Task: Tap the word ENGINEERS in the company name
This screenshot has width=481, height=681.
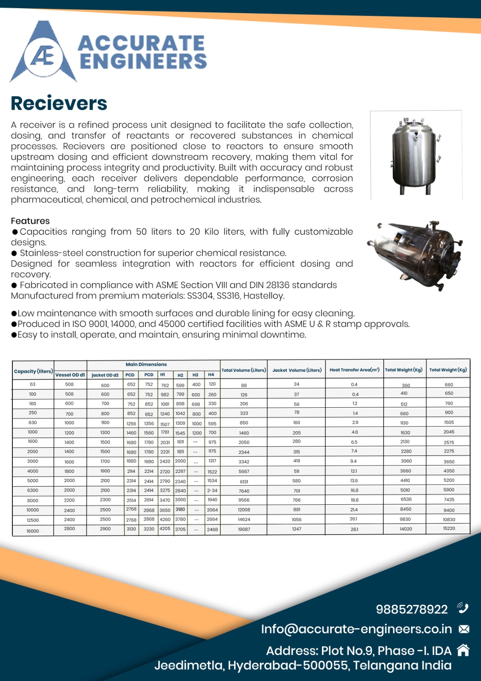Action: coord(143,61)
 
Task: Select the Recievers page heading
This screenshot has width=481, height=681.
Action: coord(59,103)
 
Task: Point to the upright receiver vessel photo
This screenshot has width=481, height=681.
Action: coord(416,155)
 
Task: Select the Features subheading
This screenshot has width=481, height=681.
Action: coord(30,221)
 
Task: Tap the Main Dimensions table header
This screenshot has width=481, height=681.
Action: coord(146,364)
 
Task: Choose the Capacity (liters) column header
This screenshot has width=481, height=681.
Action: coord(33,371)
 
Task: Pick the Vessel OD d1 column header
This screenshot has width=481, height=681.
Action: coord(70,375)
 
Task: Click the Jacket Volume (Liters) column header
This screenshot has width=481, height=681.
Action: coord(297,370)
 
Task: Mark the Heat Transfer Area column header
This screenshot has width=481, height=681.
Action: coord(354,370)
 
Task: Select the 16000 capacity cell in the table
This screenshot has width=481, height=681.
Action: coord(33,531)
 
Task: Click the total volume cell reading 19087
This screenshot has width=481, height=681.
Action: coord(244,529)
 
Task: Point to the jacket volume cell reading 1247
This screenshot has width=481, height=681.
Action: coord(296,529)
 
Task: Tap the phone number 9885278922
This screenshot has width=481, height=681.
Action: coord(412,609)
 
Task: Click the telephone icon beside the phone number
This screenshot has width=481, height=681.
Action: coord(463,608)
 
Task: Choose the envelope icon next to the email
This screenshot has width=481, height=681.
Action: coord(464,629)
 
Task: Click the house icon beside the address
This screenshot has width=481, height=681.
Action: coord(463,650)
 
